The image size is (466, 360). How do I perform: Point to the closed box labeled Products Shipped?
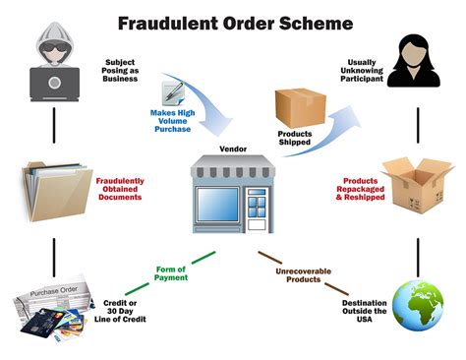pyautogui.click(x=295, y=108)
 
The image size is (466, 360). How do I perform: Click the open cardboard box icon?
pyautogui.click(x=415, y=183)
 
